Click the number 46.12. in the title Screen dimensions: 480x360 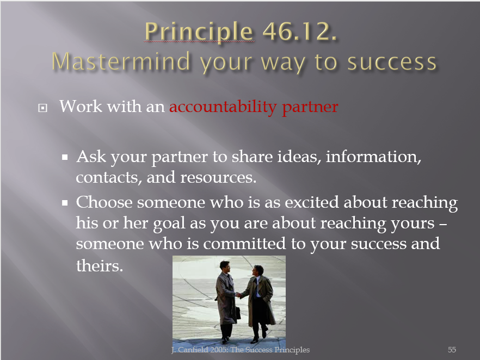[x=300, y=31]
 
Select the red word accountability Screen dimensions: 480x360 [x=223, y=107]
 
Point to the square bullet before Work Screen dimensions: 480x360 [x=42, y=108]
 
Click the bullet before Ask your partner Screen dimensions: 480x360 [x=65, y=157]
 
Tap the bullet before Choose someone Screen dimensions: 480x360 [x=65, y=203]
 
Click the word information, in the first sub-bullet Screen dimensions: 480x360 [x=373, y=157]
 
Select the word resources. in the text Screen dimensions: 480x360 [x=218, y=178]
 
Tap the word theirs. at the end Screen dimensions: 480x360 [x=100, y=265]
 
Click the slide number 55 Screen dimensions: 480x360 [x=452, y=350]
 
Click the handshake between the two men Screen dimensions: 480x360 [x=238, y=295]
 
